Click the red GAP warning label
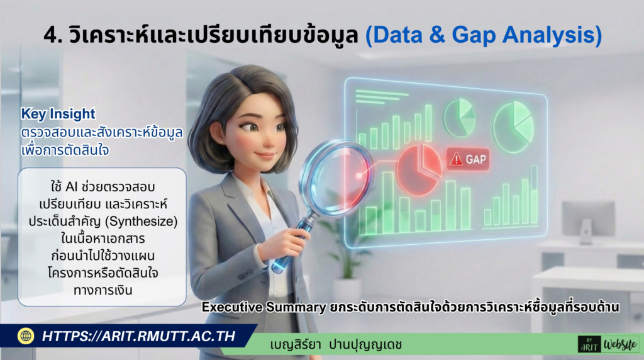[468, 159]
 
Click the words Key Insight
[58, 114]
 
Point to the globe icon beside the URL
[26, 336]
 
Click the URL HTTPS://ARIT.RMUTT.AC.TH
[138, 336]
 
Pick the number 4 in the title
[51, 35]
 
